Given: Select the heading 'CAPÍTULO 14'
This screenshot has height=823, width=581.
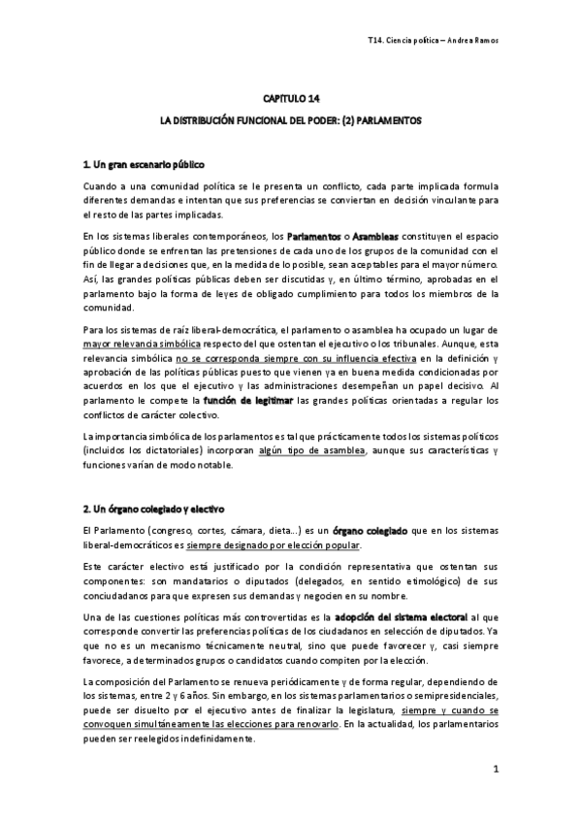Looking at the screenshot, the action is [x=291, y=99].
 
